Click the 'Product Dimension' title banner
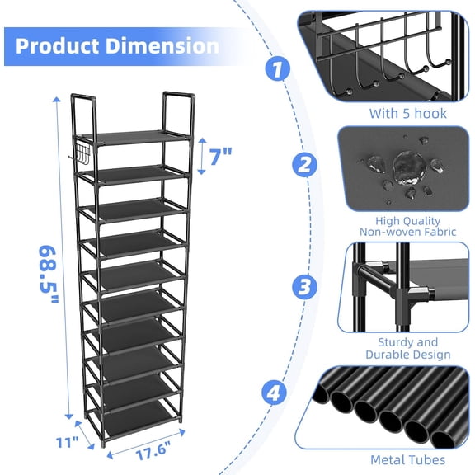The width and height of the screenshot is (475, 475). [x=117, y=45]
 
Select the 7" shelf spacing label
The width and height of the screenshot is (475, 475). [x=220, y=154]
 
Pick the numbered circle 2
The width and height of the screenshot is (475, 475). [x=305, y=164]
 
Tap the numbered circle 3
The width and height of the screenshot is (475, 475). [x=303, y=285]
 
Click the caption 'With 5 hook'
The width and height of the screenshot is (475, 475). [x=407, y=113]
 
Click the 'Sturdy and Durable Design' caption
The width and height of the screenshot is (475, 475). [x=408, y=348]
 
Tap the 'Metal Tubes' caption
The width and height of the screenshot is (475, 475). [x=407, y=459]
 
